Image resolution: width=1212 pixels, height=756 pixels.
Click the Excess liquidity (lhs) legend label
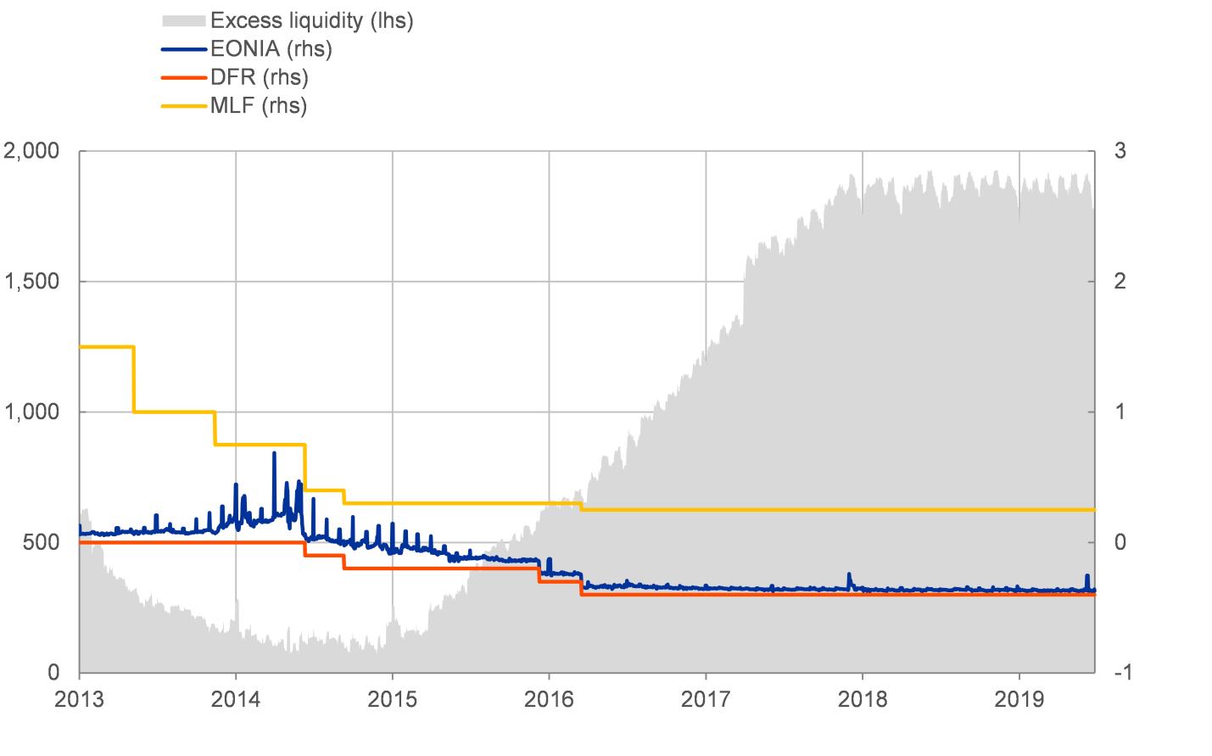tap(311, 20)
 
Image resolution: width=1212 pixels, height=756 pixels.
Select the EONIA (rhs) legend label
tap(271, 49)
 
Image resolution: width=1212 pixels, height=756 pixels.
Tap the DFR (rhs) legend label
tap(259, 77)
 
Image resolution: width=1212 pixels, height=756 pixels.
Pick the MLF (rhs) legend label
tap(258, 106)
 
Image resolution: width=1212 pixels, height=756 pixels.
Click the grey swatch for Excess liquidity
tap(183, 20)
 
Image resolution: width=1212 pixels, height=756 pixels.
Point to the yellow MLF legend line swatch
tap(183, 106)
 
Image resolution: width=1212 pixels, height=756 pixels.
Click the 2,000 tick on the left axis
tap(31, 151)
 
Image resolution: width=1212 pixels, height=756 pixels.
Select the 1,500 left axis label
tap(31, 282)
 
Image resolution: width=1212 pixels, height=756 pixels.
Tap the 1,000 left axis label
tap(31, 412)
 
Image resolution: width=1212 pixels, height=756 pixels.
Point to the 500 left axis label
tap(41, 542)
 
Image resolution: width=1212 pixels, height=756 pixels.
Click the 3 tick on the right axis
tap(1120, 151)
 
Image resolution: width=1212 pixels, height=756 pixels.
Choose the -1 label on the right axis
tap(1121, 672)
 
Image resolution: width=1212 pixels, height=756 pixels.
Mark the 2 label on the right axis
tap(1120, 282)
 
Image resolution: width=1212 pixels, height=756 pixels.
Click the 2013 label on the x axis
tap(79, 699)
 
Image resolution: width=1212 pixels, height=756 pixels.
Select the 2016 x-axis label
tap(549, 699)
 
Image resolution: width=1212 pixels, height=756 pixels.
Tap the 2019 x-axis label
tap(1019, 699)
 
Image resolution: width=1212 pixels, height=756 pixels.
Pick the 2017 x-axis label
tap(706, 699)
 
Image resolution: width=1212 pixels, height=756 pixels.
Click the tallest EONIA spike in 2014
tap(274, 455)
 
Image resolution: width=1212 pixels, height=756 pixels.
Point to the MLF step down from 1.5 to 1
tap(134, 379)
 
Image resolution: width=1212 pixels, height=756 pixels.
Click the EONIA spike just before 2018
tap(849, 575)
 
